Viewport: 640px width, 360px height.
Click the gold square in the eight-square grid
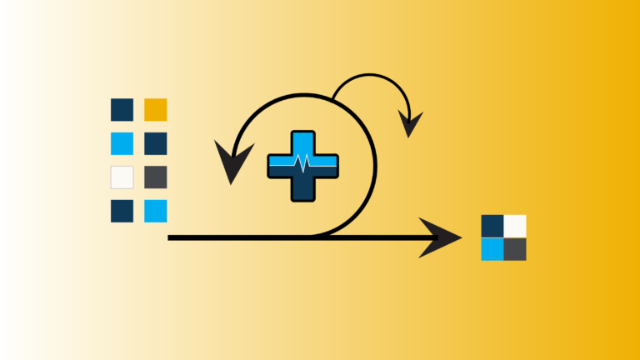coord(155,109)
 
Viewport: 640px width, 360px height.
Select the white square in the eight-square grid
coord(122,177)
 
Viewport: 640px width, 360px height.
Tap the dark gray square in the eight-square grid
coord(155,177)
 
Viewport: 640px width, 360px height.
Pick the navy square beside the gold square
coord(122,109)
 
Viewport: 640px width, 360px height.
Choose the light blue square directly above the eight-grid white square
coord(122,143)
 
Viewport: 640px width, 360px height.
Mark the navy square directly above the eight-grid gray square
coord(155,143)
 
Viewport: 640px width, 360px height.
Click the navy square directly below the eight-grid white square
coord(122,211)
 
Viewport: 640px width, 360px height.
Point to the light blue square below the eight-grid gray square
coord(155,211)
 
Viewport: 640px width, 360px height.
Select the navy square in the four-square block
coord(492,226)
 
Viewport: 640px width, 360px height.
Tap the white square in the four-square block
coord(515,226)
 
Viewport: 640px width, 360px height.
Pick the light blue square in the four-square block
coord(492,249)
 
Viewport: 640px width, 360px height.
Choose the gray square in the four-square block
coord(515,249)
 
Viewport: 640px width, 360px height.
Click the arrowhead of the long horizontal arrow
coord(442,237)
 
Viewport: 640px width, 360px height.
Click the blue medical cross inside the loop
coord(302,166)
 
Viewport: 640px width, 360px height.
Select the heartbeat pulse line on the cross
coord(302,163)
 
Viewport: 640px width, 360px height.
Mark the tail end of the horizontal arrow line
coord(170,238)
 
